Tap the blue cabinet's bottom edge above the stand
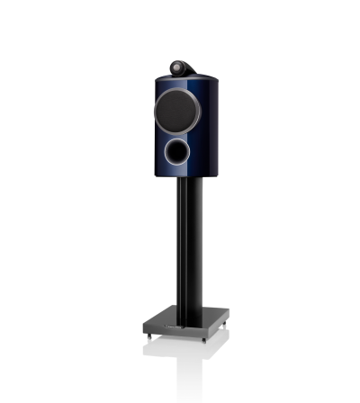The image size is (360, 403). coord(180,175)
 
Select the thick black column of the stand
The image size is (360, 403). coord(191,243)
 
